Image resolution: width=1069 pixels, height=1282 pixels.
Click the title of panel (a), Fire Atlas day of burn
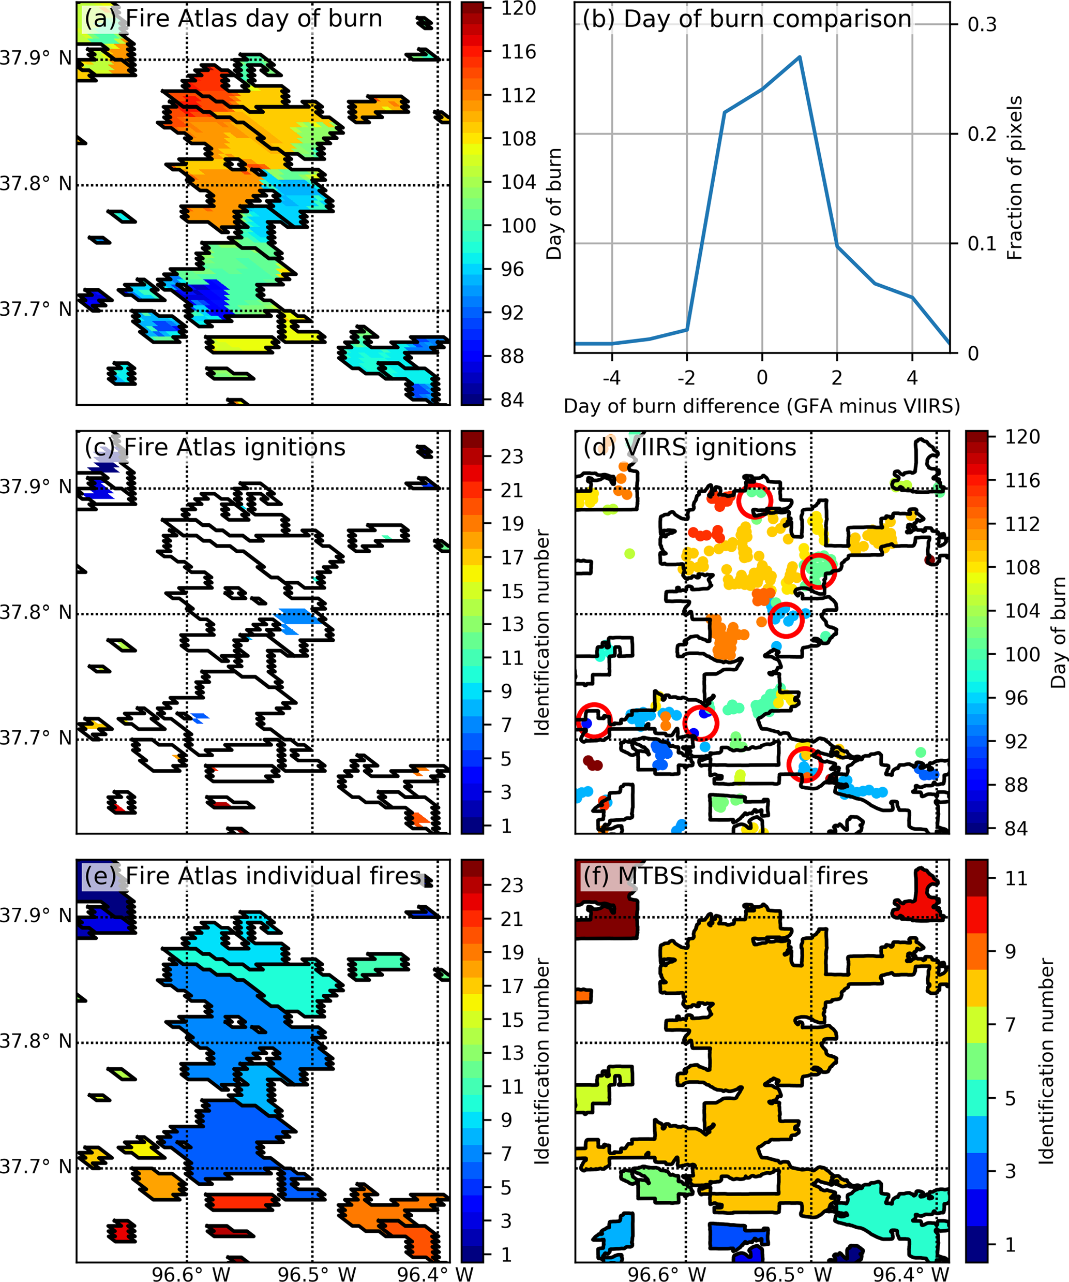pos(233,19)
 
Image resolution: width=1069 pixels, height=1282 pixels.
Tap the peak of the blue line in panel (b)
pos(800,57)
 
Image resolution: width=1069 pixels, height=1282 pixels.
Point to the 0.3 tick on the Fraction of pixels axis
pos(982,25)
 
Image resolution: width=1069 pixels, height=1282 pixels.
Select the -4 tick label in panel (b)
pos(611,378)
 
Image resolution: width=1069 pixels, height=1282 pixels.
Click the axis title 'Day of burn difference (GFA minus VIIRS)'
pos(761,406)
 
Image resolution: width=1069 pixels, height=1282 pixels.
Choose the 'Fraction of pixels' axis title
pos(1014,178)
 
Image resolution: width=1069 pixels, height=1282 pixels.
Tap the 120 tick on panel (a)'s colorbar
pos(518,9)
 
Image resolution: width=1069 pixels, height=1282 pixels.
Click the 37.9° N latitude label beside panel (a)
pos(35,58)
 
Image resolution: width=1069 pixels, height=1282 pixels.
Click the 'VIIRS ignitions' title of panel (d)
pos(689,448)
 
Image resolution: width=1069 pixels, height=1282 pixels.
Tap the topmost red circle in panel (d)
pos(755,500)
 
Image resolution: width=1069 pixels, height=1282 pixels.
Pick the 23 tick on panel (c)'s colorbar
pos(512,456)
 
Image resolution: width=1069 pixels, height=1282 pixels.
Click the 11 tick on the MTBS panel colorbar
pos(1015,878)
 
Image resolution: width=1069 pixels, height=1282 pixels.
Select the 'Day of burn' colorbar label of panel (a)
pos(554,203)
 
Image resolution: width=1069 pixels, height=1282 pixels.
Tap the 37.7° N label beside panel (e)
pos(35,1167)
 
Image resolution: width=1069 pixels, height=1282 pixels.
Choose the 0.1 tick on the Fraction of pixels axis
pos(982,244)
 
